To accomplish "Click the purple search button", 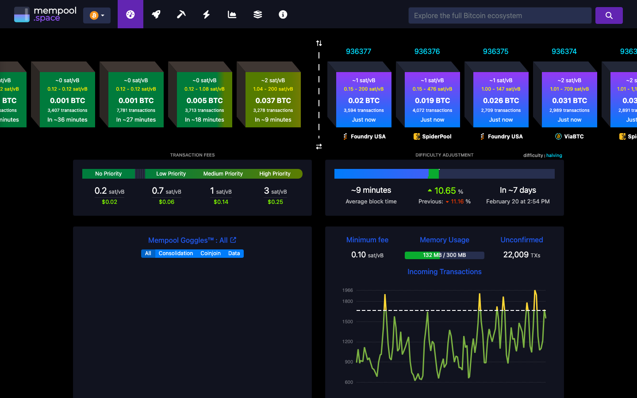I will coord(609,15).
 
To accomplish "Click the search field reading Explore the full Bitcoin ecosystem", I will coord(500,15).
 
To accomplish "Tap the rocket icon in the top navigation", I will coord(156,15).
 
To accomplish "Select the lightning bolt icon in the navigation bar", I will coord(207,15).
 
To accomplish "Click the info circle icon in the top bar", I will coord(283,15).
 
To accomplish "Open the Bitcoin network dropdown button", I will coord(97,15).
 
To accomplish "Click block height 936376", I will coord(427,51).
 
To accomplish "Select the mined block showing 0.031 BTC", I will coord(569,100).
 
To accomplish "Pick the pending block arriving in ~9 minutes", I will coord(273,100).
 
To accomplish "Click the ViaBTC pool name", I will coord(574,137).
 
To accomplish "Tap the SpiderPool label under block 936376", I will coord(436,137).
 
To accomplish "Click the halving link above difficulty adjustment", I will coord(554,156).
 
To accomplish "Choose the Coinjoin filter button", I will coord(210,253).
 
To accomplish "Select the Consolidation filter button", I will coord(176,253).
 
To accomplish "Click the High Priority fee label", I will coord(275,174).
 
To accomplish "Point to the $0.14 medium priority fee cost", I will coord(221,202).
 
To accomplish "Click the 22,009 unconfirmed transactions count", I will coord(516,255).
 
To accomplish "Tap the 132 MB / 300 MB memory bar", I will coord(444,255).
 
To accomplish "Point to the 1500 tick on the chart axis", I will coord(348,322).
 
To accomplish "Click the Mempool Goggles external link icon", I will coord(233,240).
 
